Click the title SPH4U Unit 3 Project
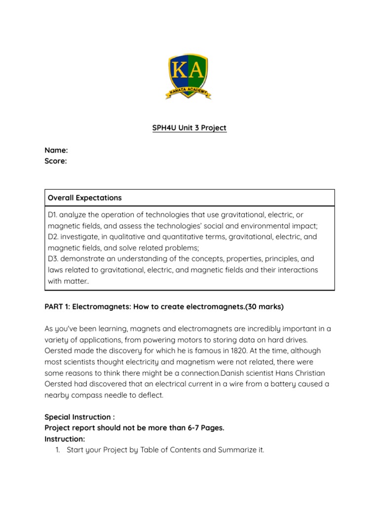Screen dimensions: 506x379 (189, 128)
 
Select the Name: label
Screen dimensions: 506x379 (56, 150)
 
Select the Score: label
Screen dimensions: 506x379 (56, 161)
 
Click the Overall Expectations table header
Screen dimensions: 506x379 (84, 198)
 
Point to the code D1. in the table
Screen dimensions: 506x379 (53, 215)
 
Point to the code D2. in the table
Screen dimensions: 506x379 (53, 237)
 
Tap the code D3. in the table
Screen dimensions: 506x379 (53, 258)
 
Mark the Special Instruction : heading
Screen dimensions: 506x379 (79, 417)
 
